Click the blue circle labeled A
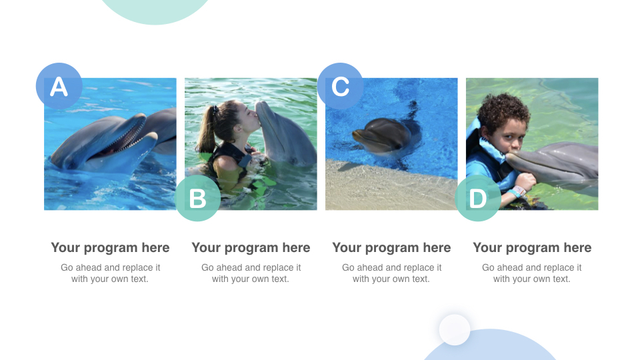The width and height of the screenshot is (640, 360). pos(59,86)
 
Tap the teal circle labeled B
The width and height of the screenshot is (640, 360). pos(197,198)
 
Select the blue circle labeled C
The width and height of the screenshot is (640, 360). pos(340,86)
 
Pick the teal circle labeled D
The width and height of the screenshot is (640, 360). pos(478,198)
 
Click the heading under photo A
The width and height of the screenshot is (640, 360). pos(110,248)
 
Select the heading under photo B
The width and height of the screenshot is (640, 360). pos(251,248)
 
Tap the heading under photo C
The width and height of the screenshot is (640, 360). pos(391,248)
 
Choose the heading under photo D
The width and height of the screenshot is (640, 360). pos(532,248)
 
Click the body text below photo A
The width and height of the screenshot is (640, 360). pos(110,273)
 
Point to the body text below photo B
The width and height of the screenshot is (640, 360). pos(251,273)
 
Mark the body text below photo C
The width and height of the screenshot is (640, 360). pos(391,273)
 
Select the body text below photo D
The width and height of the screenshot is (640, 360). pos(532,273)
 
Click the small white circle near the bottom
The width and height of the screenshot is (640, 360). pos(455,329)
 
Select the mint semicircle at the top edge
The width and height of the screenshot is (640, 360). pos(155,10)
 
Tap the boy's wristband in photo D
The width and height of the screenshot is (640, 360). pos(519,191)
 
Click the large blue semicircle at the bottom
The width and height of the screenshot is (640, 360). pos(490,348)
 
